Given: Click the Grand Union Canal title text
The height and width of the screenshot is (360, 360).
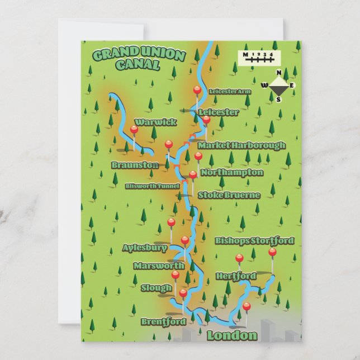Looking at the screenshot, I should coord(138,59).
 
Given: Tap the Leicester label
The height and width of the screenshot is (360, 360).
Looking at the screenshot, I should coord(219,112).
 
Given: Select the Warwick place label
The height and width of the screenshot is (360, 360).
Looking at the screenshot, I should coord(156,122).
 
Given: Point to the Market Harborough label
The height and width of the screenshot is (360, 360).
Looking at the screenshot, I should coord(241,145).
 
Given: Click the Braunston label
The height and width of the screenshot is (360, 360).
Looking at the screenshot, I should coord(135,165).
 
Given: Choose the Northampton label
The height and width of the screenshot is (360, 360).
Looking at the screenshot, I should coord(231,173).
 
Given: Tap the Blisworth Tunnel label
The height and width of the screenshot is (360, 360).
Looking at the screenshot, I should coord(152,186).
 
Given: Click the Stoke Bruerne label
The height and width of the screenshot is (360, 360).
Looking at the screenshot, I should coord(229,195).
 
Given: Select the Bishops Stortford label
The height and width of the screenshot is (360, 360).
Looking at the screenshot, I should coord(254,241).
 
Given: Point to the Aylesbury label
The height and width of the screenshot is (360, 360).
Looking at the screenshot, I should coord(145,248).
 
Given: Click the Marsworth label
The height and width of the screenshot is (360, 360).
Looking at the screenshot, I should coord(159,266).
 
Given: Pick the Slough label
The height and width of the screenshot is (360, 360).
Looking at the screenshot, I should coord(157,288).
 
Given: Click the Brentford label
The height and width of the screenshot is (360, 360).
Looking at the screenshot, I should coord(163,322).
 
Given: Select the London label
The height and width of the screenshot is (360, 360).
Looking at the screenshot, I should coord(232,335).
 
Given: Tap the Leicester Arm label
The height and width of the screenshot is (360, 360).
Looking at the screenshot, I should coord(230,91).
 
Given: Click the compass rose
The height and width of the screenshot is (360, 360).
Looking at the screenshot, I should coord(278,86).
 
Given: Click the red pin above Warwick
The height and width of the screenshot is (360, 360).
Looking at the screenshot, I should coord(134,130).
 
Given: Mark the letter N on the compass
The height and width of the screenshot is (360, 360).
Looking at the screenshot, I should coord(279,73).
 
